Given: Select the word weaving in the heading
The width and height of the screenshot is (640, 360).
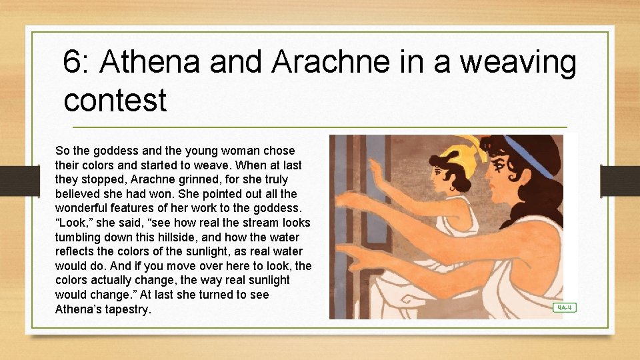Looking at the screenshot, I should coord(518,63).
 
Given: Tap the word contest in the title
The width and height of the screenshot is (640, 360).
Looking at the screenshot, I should coord(115,100).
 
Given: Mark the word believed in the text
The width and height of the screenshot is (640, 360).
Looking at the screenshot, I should coord(79,194).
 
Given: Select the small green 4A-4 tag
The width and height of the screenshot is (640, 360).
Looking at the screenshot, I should coord(564,307).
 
